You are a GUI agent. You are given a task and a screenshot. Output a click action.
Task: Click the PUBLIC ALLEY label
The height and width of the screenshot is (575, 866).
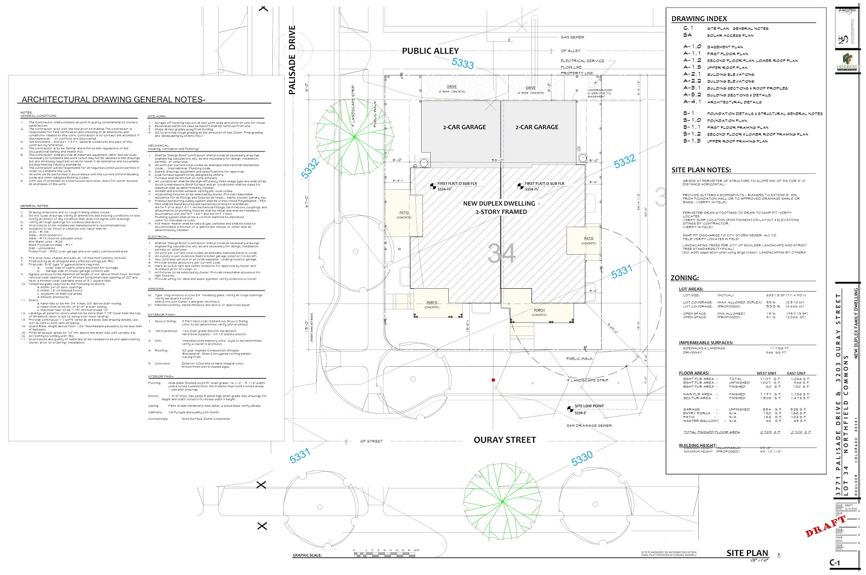pyautogui.click(x=430, y=51)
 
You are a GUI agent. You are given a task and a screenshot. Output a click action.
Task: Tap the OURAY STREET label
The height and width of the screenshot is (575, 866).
pyautogui.click(x=504, y=440)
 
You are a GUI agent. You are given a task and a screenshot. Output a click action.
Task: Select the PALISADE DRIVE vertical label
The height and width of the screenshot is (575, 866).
pyautogui.click(x=292, y=60)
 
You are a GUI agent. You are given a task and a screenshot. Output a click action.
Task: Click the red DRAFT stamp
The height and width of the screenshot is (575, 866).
pyautogui.click(x=826, y=526)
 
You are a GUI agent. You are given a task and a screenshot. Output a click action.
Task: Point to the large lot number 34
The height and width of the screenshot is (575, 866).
pyautogui.click(x=502, y=253)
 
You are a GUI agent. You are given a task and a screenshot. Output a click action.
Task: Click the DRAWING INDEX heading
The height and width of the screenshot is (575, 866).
pyautogui.click(x=699, y=18)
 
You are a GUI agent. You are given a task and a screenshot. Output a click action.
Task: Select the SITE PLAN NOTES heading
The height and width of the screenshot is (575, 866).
pyautogui.click(x=701, y=170)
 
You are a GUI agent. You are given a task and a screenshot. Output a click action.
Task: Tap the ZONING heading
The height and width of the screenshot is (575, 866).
pyautogui.click(x=685, y=277)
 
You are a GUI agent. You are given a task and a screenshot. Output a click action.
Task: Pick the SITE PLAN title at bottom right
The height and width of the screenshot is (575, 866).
pyautogui.click(x=747, y=553)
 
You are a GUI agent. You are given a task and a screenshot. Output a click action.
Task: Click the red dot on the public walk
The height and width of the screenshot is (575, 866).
pyautogui.click(x=493, y=380)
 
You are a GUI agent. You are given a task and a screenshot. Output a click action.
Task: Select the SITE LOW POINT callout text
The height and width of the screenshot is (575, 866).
pyautogui.click(x=589, y=406)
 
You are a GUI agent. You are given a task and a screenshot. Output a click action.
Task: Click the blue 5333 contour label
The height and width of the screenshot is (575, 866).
pyautogui.click(x=463, y=63)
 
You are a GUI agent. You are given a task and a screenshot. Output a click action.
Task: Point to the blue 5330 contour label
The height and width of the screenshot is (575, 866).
pyautogui.click(x=582, y=459)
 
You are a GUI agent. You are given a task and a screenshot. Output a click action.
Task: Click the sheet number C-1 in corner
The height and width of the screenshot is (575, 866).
pyautogui.click(x=835, y=563)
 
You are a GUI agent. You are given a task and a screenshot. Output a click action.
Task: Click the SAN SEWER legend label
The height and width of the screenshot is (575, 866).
pyautogui.click(x=572, y=37)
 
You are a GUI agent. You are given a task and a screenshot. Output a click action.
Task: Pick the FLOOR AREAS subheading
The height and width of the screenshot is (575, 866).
pyautogui.click(x=694, y=373)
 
